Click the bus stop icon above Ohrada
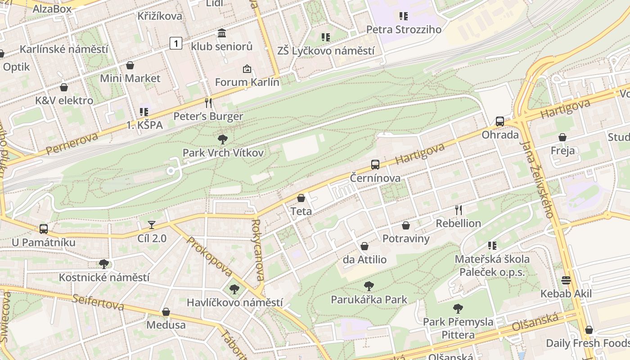point(499,121)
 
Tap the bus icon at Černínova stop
point(375,165)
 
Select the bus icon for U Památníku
point(44,229)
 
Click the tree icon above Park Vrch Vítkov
point(222,139)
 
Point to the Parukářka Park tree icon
point(369,286)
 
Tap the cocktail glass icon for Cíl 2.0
point(152,225)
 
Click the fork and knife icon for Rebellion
point(459,210)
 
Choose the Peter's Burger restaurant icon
point(208,103)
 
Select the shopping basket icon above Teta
point(301,198)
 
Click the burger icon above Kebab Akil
point(566,280)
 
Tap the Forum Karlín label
point(247,82)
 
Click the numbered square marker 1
point(176,43)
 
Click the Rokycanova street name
point(258,250)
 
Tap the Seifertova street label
point(98,302)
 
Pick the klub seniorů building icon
point(222,33)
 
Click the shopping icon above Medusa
point(166,312)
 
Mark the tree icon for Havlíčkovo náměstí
point(234,289)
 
